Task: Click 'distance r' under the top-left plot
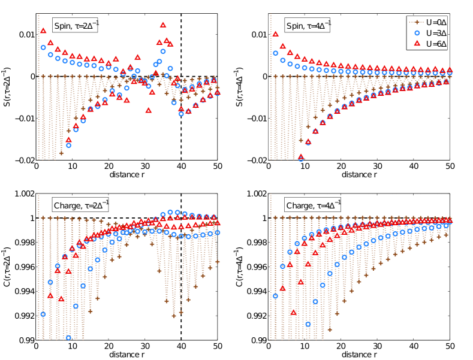[126, 176]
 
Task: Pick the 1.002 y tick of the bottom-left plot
[20, 194]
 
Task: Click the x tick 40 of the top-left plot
[181, 168]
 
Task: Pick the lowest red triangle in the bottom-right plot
[294, 313]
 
